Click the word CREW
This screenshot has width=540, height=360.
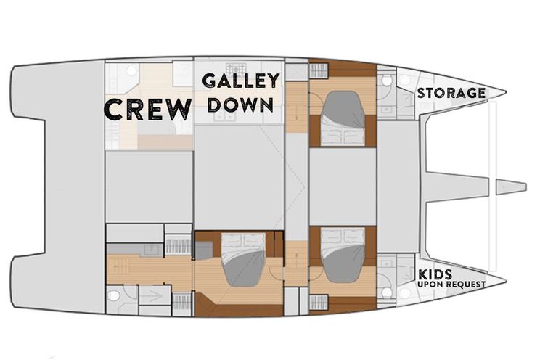147,109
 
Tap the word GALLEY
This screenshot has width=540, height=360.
241,81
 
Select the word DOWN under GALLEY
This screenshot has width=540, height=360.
241,105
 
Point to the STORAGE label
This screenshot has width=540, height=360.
451,93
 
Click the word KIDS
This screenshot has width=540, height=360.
435,274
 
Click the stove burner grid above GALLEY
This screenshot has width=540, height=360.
237,68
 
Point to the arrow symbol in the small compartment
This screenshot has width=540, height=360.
152,296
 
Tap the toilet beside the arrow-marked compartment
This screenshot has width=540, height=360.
113,295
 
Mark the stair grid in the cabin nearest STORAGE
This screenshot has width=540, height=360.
319,71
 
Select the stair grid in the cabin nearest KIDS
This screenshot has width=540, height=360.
319,302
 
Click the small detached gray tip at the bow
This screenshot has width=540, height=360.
511,187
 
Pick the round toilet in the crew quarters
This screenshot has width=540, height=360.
131,70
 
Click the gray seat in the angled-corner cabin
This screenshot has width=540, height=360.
203,250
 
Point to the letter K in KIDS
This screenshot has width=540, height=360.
423,274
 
